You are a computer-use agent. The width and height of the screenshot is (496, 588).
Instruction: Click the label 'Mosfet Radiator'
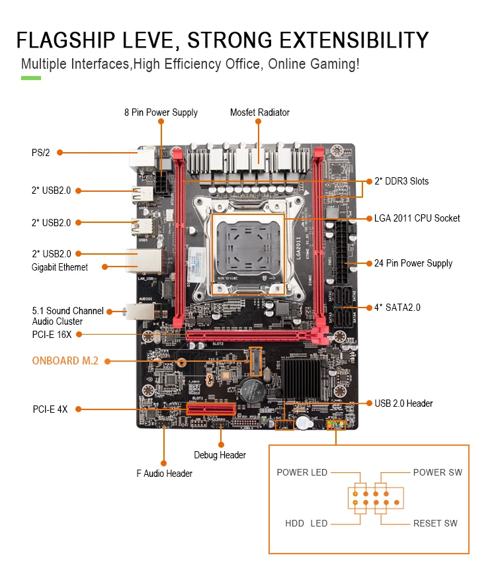click(259, 112)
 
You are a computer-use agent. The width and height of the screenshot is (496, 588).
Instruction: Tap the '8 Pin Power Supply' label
click(161, 112)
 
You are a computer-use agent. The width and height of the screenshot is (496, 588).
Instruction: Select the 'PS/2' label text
click(40, 153)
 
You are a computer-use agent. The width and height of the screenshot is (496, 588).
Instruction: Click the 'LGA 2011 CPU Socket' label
click(417, 218)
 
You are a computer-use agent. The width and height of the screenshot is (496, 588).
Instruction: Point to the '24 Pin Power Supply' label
click(413, 263)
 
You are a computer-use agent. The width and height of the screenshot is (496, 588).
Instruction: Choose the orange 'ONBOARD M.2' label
click(65, 361)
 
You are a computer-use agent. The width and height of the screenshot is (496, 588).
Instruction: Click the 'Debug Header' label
click(220, 455)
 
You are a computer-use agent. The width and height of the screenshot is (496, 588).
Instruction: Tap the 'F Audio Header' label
click(164, 474)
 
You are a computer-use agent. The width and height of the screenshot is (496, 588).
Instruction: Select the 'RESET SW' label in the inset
click(435, 524)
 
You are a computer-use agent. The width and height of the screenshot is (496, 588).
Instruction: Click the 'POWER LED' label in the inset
click(302, 472)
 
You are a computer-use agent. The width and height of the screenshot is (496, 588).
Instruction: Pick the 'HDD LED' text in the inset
click(306, 524)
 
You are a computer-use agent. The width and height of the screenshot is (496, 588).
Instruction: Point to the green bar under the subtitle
click(31, 78)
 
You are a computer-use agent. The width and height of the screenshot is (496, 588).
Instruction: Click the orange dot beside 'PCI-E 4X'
click(77, 409)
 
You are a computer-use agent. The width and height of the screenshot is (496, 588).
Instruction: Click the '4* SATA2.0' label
click(397, 308)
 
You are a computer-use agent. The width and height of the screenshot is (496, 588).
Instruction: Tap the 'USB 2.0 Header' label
click(403, 403)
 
